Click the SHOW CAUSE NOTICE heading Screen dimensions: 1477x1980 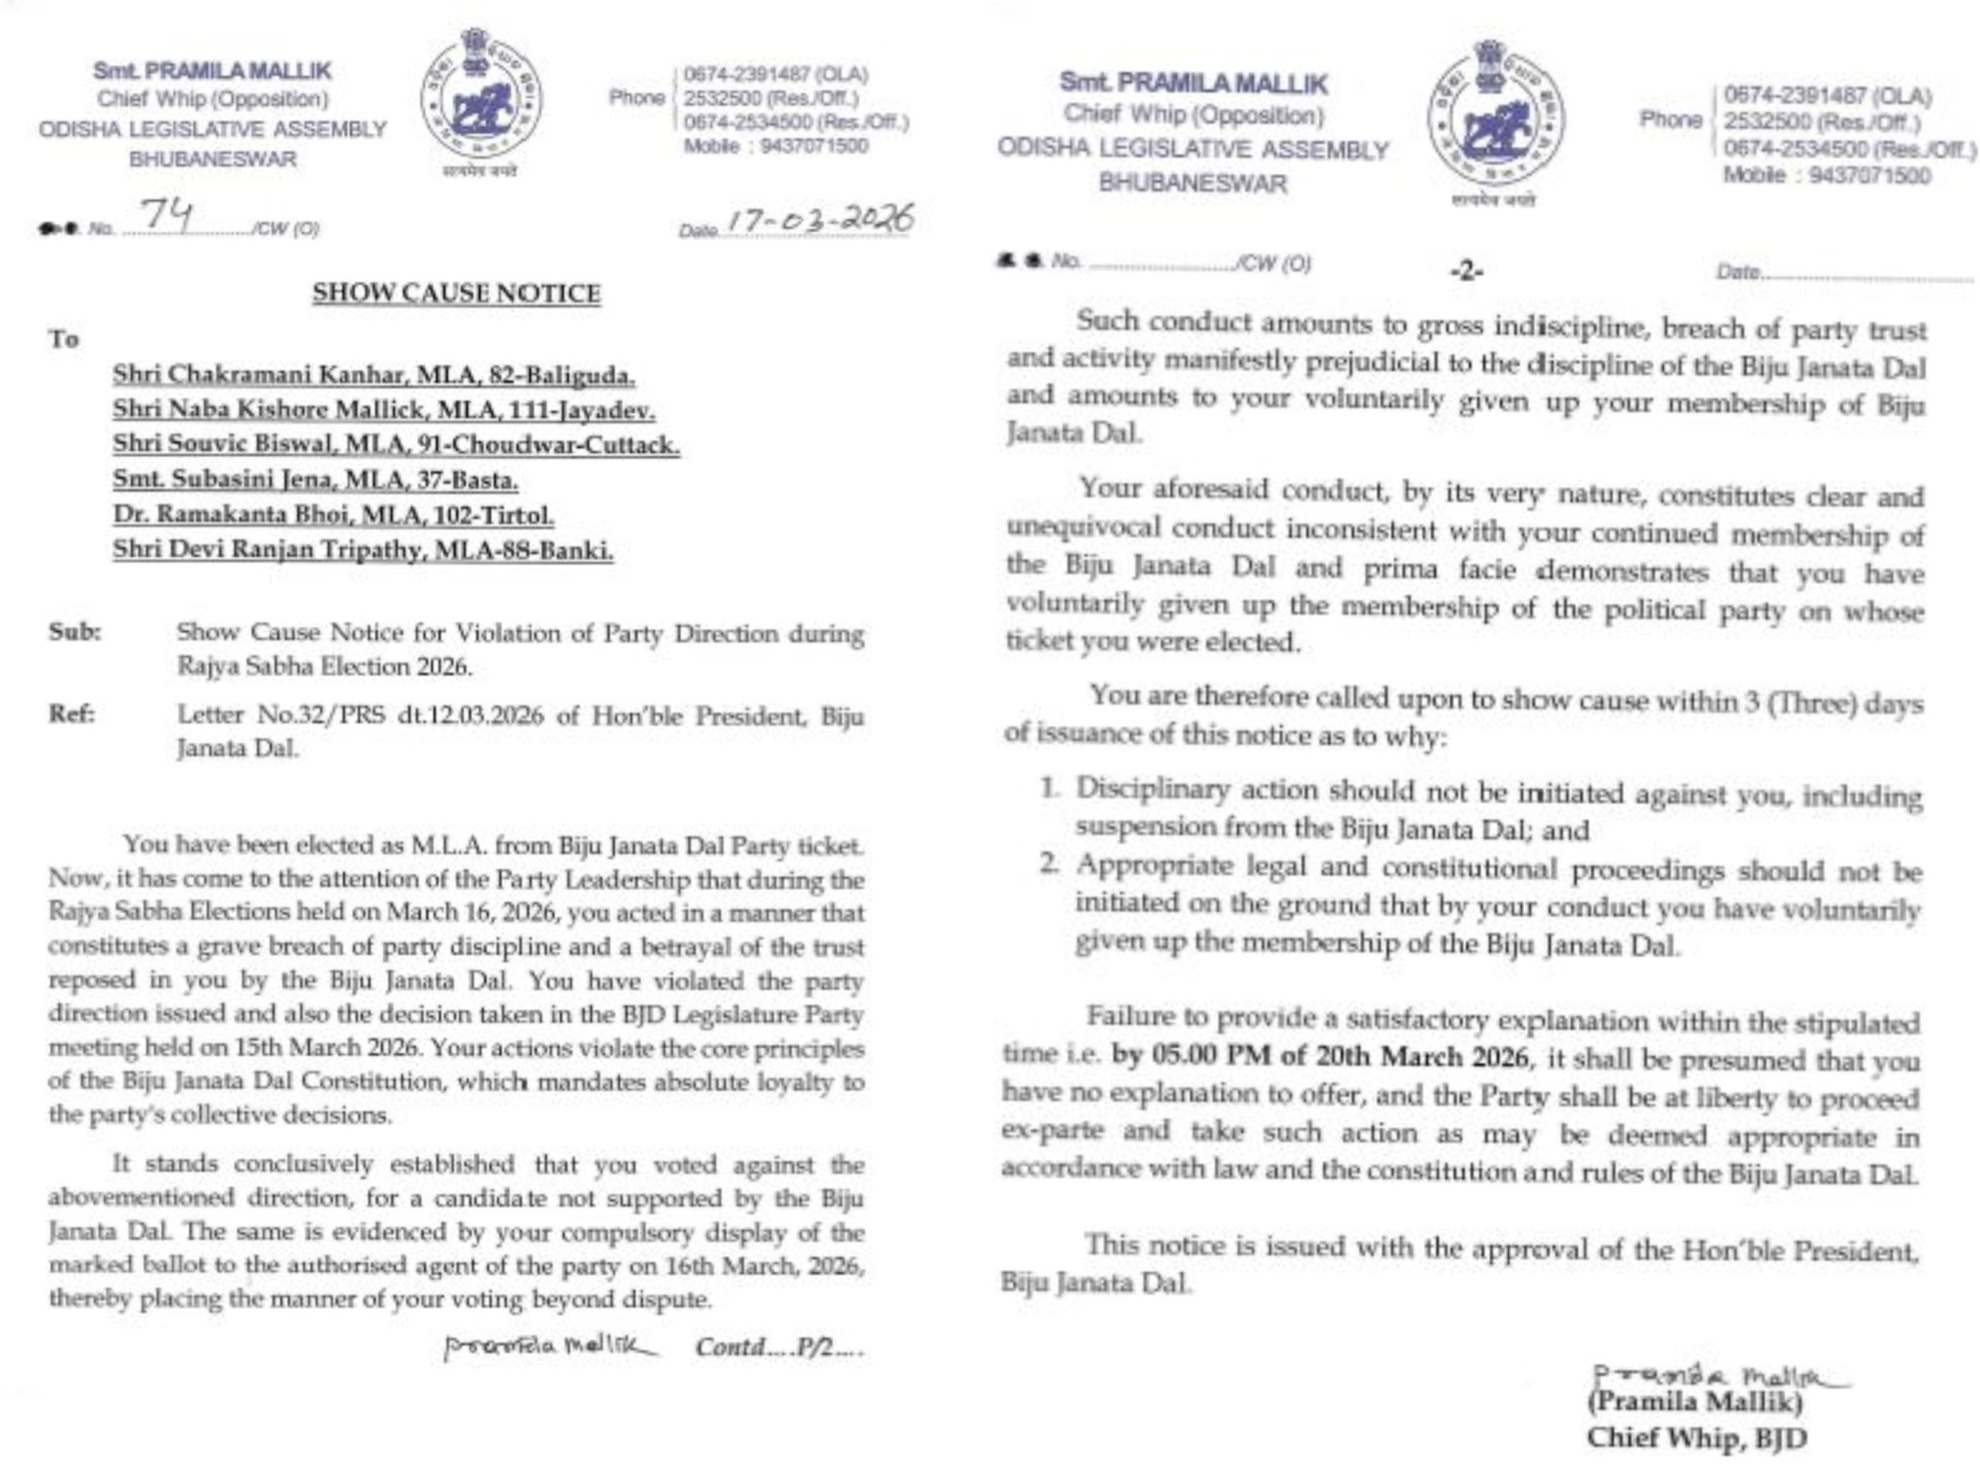[x=456, y=293]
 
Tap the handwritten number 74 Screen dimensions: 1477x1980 [x=167, y=214]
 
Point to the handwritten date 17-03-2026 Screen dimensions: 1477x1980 [x=821, y=220]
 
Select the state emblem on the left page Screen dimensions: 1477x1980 [x=480, y=96]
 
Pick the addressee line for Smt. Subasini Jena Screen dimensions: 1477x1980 [x=315, y=480]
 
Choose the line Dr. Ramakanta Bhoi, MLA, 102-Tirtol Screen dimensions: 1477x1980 [x=333, y=515]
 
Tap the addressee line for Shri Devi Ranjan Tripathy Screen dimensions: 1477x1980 [x=362, y=550]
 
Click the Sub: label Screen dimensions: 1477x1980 [x=75, y=632]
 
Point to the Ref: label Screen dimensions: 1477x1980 [x=73, y=714]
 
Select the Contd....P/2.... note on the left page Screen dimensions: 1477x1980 [x=779, y=1346]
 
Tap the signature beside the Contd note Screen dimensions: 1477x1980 [x=549, y=1346]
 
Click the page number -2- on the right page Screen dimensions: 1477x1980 [x=1466, y=271]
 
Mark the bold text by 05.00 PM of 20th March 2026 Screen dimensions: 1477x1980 [x=1320, y=1057]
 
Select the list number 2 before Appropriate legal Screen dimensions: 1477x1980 [x=1050, y=865]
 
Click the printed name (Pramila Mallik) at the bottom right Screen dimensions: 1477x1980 [x=1694, y=1401]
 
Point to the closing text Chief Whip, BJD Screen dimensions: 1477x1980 [x=1696, y=1438]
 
